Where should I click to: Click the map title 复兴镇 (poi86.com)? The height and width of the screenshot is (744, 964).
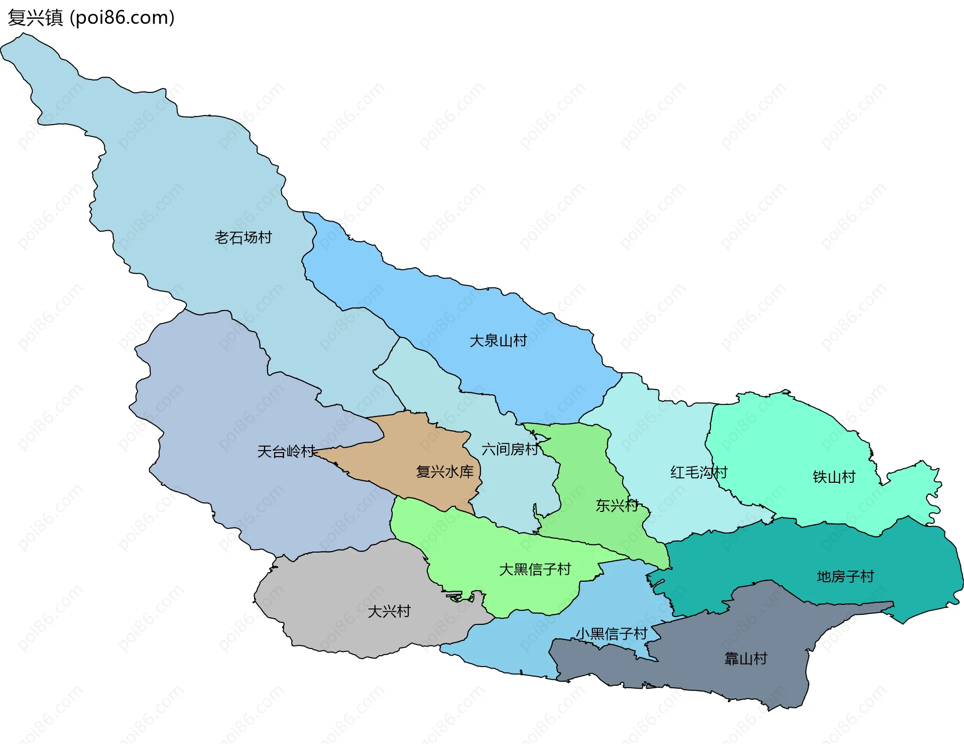click(x=91, y=18)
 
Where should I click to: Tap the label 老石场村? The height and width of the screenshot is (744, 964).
click(x=243, y=237)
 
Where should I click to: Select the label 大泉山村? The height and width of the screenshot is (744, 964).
click(x=498, y=341)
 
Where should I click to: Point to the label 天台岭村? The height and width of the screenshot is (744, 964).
click(x=286, y=451)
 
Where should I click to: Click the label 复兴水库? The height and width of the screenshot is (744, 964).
click(x=445, y=471)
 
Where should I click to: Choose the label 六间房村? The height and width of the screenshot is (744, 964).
click(x=510, y=449)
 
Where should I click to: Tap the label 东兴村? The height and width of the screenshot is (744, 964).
click(x=617, y=505)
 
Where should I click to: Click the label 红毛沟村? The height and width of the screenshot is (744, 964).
click(x=698, y=472)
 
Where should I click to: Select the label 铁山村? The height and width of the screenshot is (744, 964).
click(x=834, y=477)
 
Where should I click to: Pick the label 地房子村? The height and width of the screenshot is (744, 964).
click(x=846, y=576)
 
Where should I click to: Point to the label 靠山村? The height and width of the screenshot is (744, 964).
click(x=746, y=658)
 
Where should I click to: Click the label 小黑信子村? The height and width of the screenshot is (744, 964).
click(x=611, y=633)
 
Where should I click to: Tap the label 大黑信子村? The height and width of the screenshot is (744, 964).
click(x=535, y=569)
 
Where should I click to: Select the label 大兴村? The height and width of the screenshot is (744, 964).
click(x=389, y=611)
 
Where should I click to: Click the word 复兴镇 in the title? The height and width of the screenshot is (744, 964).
click(x=35, y=18)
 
